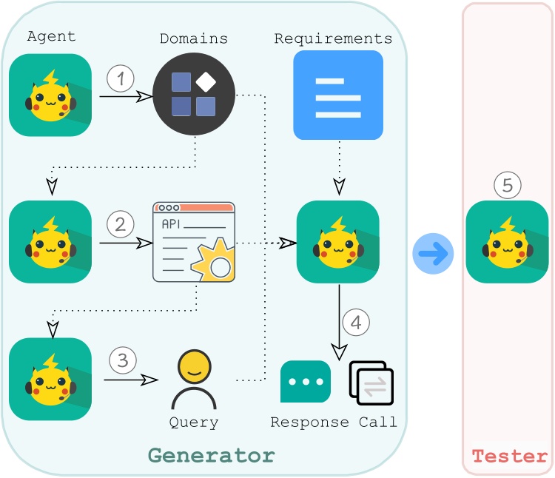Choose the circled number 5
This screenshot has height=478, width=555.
point(508,186)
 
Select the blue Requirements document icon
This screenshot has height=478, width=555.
point(338,95)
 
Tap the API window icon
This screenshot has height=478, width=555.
point(194,241)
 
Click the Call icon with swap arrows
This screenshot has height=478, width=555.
point(371,383)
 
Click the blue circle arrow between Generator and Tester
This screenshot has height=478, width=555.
point(433,253)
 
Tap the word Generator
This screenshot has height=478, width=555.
point(212,454)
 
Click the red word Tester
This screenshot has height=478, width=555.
point(509,456)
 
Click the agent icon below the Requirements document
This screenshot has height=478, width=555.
point(337,242)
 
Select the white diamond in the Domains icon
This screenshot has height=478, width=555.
point(204,81)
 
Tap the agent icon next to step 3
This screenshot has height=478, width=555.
point(50,379)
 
